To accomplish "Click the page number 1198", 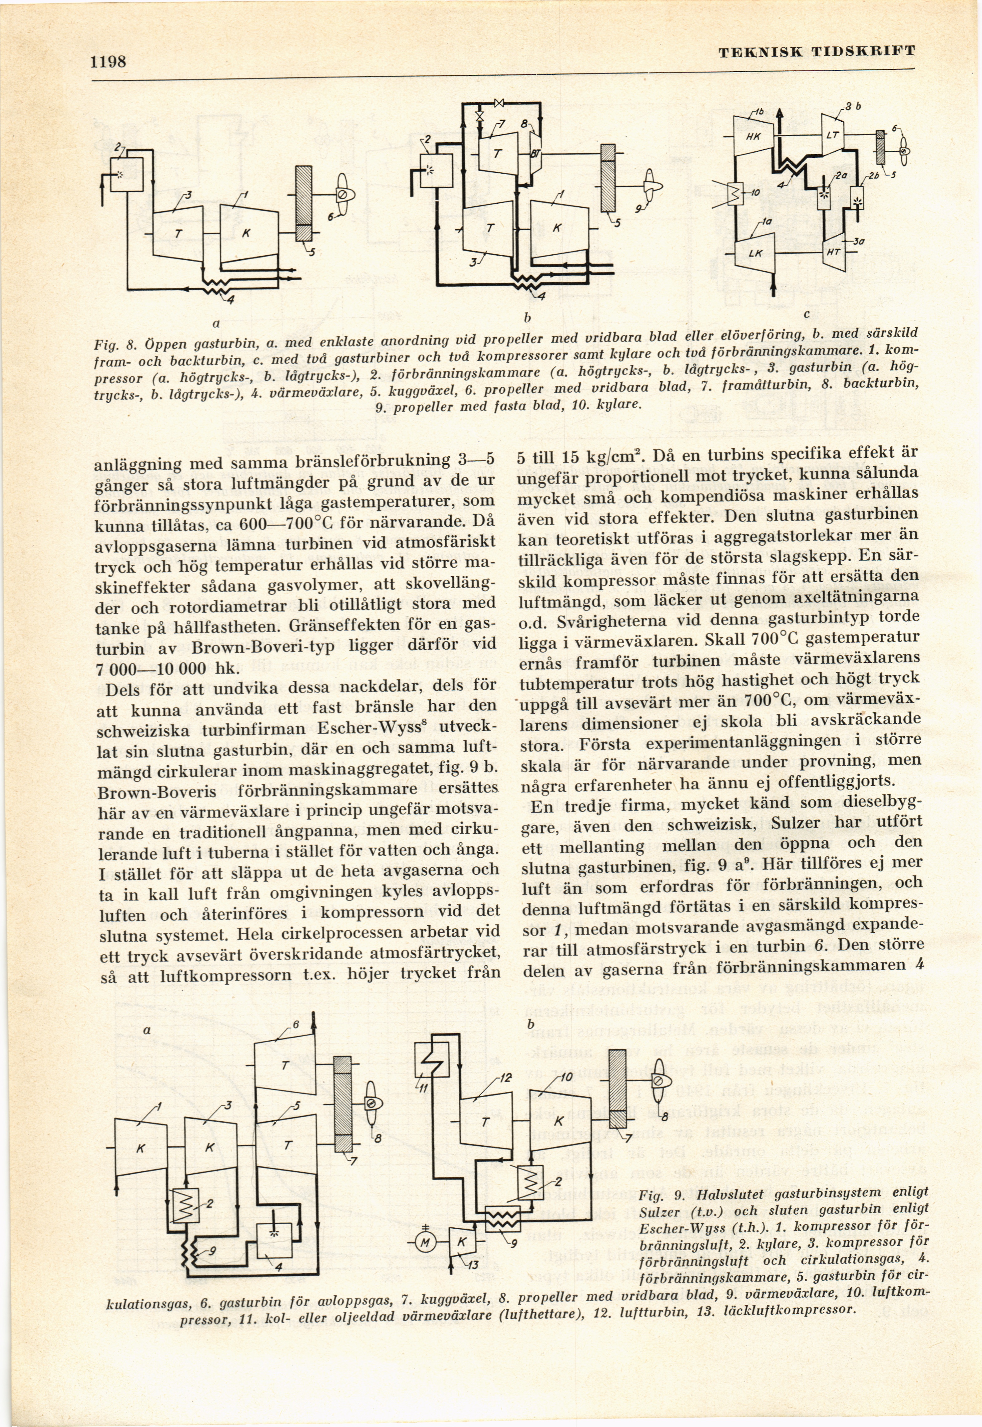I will tap(108, 62).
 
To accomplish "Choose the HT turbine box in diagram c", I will tap(834, 250).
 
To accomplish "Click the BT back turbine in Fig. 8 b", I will tap(535, 153).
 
